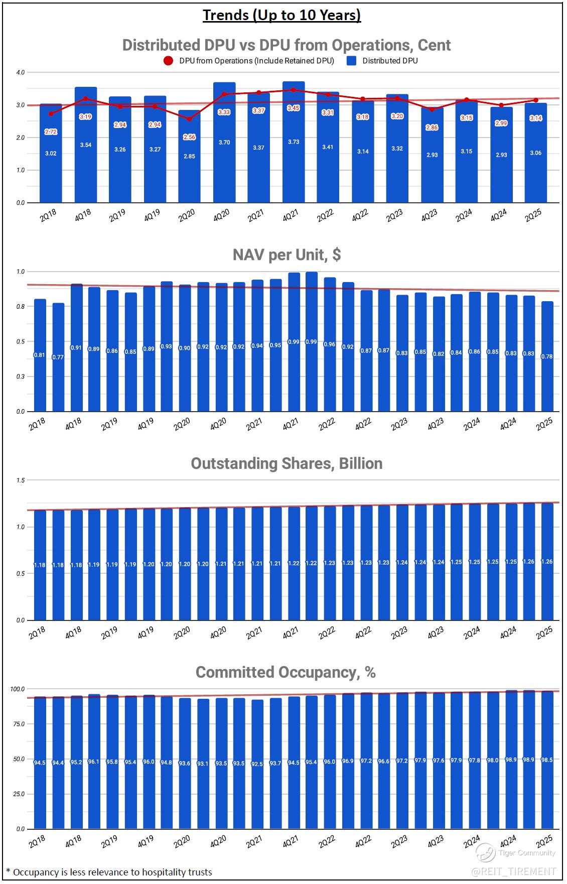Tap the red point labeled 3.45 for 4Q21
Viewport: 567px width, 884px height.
tap(294, 90)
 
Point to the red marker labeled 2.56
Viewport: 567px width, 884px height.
tap(189, 119)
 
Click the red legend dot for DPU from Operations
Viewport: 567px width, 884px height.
tap(169, 61)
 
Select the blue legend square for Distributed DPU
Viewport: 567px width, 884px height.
tap(352, 61)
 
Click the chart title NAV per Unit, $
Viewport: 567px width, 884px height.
tap(287, 255)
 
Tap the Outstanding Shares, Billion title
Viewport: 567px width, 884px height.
tap(287, 463)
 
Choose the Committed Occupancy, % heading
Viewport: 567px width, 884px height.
tap(286, 672)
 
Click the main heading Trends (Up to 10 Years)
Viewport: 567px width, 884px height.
tap(282, 16)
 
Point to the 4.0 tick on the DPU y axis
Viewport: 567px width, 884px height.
tap(21, 73)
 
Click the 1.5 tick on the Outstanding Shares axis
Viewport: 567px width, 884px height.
tap(21, 480)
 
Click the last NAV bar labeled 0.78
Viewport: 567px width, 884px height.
tap(547, 356)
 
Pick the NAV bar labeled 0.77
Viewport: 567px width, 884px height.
tap(58, 357)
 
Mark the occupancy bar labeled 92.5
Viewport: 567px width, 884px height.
tap(257, 764)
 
